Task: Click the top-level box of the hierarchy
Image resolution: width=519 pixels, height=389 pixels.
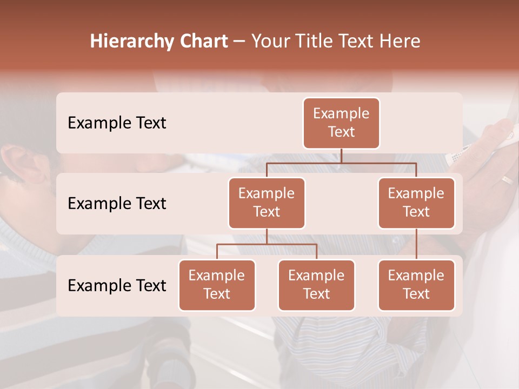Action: tap(341, 123)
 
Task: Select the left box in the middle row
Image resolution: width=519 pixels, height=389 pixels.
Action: tap(267, 203)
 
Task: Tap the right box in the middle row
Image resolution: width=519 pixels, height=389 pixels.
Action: tap(416, 203)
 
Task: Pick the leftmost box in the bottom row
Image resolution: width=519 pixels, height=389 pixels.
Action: tap(217, 285)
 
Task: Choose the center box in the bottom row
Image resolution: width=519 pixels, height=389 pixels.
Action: tap(316, 285)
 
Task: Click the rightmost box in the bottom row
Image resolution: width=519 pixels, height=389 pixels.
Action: tap(416, 285)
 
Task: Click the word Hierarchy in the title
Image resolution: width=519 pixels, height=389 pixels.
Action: tap(132, 41)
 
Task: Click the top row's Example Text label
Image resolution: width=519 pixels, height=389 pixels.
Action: tap(117, 123)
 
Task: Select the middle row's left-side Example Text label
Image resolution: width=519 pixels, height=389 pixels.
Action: tap(117, 203)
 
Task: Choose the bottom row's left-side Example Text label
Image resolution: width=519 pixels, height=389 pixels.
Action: tap(117, 285)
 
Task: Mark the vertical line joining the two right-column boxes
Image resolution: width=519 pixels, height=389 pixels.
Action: tap(416, 244)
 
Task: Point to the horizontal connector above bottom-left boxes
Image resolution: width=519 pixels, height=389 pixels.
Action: tap(267, 244)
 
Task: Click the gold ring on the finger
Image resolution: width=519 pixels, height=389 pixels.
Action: tap(507, 180)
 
